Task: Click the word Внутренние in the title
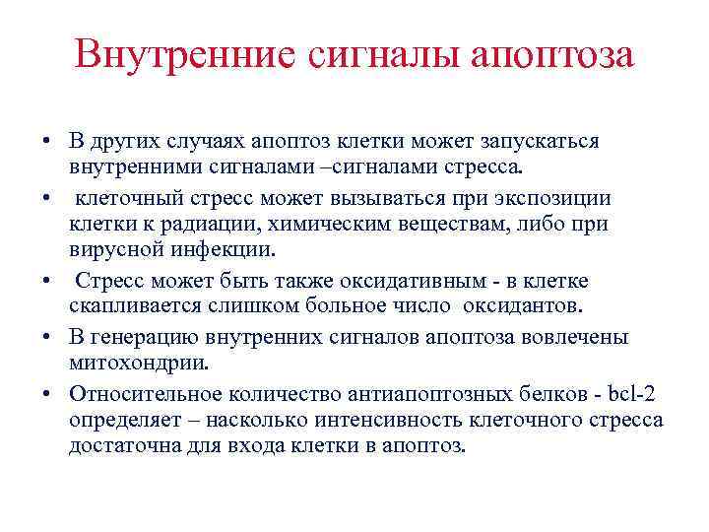(183, 54)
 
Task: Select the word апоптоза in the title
(552, 54)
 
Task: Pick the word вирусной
(113, 250)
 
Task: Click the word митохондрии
(139, 363)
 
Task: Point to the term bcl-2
(633, 394)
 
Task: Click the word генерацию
(140, 337)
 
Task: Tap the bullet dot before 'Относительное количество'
(46, 394)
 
